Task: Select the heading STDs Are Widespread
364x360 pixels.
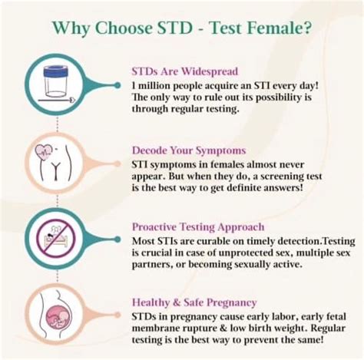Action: click(x=184, y=71)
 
